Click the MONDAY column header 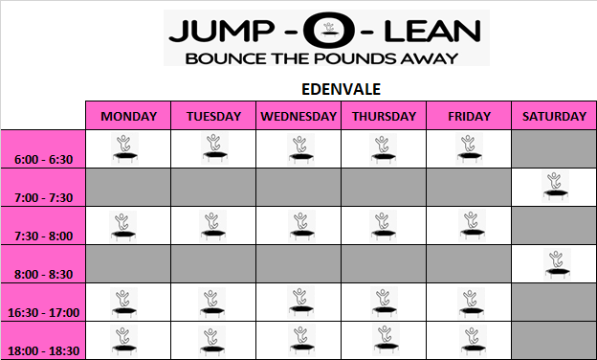coord(129,116)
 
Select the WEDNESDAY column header coord(298,116)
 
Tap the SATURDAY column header coord(554,116)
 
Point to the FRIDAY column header coord(469,116)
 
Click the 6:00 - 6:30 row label coord(43,159)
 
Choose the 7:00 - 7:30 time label coord(43,198)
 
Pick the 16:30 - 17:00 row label coord(43,313)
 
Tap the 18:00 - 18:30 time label coord(43,350)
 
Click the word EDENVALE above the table coord(342,90)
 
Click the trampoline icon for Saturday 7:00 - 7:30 coord(556,186)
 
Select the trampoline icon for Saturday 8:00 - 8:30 coord(557,263)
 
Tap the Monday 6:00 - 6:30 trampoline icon coord(125,149)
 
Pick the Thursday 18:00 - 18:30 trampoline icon coord(387,340)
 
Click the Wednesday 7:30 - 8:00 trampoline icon coord(301,226)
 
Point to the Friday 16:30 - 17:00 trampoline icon coord(472,304)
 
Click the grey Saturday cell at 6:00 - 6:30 coord(554,149)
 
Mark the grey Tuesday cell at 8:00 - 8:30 coord(213,264)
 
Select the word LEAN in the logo coord(432,32)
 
